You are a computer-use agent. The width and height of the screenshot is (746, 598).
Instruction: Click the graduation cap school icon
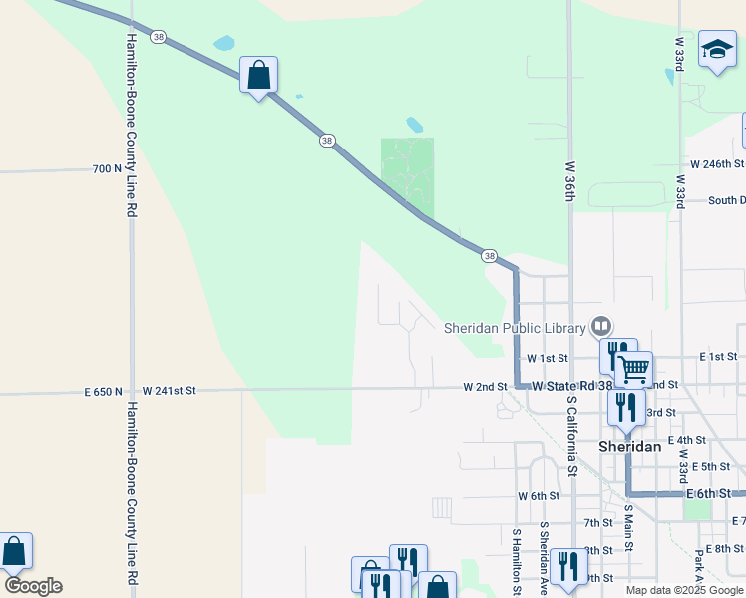(x=717, y=49)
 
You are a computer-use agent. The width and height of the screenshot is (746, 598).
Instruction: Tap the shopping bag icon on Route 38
(x=258, y=75)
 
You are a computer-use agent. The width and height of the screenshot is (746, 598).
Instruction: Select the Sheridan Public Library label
(x=515, y=327)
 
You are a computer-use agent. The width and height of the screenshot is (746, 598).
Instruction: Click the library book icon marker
(x=601, y=326)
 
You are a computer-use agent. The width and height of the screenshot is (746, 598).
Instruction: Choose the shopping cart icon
(x=633, y=369)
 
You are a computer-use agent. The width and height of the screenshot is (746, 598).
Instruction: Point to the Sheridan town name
(x=629, y=447)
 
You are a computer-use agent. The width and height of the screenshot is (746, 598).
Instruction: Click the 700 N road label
(x=107, y=169)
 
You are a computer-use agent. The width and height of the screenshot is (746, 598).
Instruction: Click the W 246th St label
(x=717, y=164)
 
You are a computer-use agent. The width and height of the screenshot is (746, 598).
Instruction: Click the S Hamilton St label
(x=517, y=559)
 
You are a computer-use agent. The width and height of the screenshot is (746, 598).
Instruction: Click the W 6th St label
(x=539, y=496)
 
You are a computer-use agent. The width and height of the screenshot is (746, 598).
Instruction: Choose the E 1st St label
(x=717, y=356)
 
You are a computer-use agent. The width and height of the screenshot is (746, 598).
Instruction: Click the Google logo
(x=33, y=586)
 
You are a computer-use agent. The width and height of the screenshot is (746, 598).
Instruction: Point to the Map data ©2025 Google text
(x=685, y=590)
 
